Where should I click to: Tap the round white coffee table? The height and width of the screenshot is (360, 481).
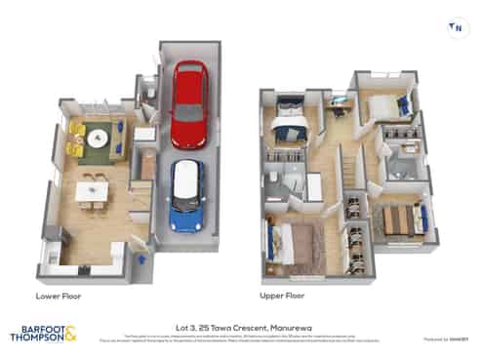pos(97,140)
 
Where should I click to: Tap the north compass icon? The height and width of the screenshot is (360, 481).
pos(456,28)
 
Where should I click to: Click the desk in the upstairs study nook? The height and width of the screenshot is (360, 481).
pos(339,100)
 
